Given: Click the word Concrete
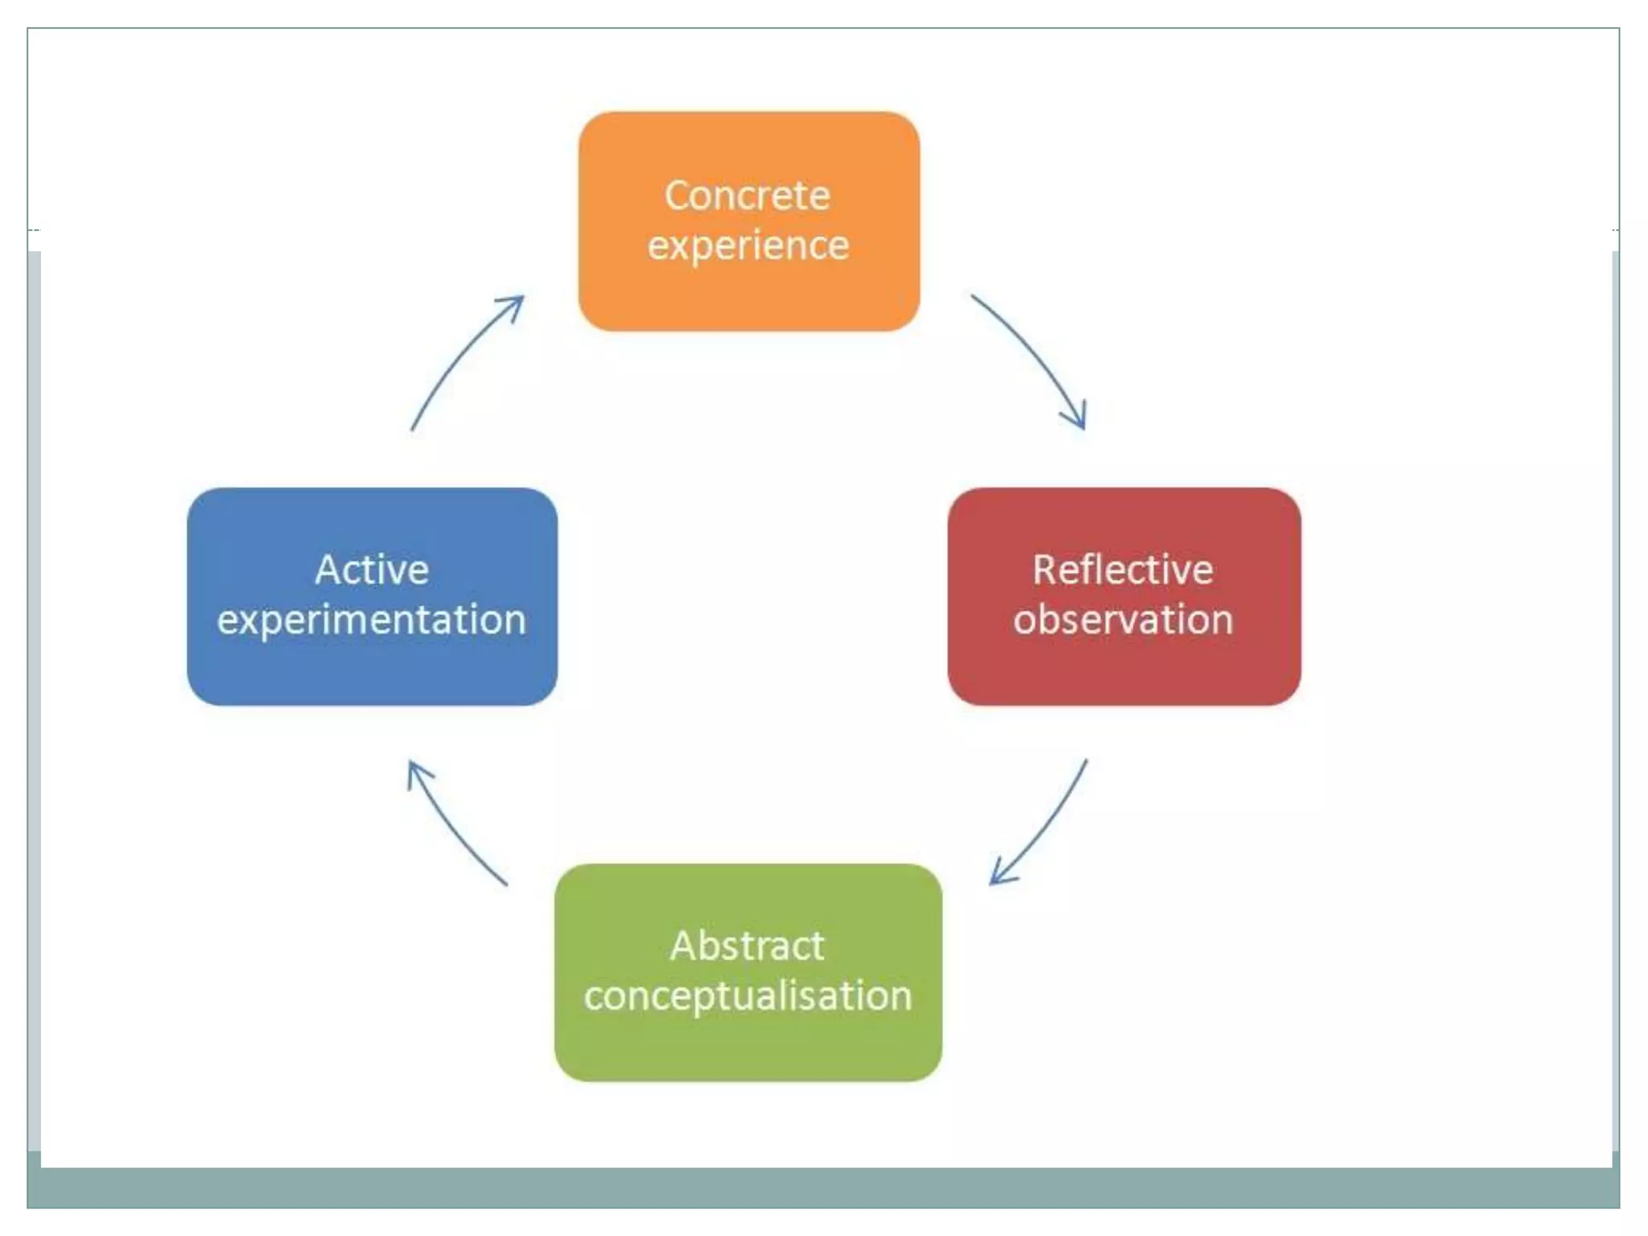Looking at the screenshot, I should [x=747, y=196].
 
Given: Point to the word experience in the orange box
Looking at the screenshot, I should [x=748, y=245].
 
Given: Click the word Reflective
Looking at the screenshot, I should [x=1123, y=570].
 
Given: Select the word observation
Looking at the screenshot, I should [x=1123, y=620].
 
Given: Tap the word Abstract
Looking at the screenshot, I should [x=747, y=946].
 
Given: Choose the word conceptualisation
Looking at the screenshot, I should [x=748, y=996].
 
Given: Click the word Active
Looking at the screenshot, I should [x=372, y=570].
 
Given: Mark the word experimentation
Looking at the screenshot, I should [x=372, y=620].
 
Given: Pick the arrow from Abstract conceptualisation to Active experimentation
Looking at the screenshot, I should [x=455, y=829].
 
